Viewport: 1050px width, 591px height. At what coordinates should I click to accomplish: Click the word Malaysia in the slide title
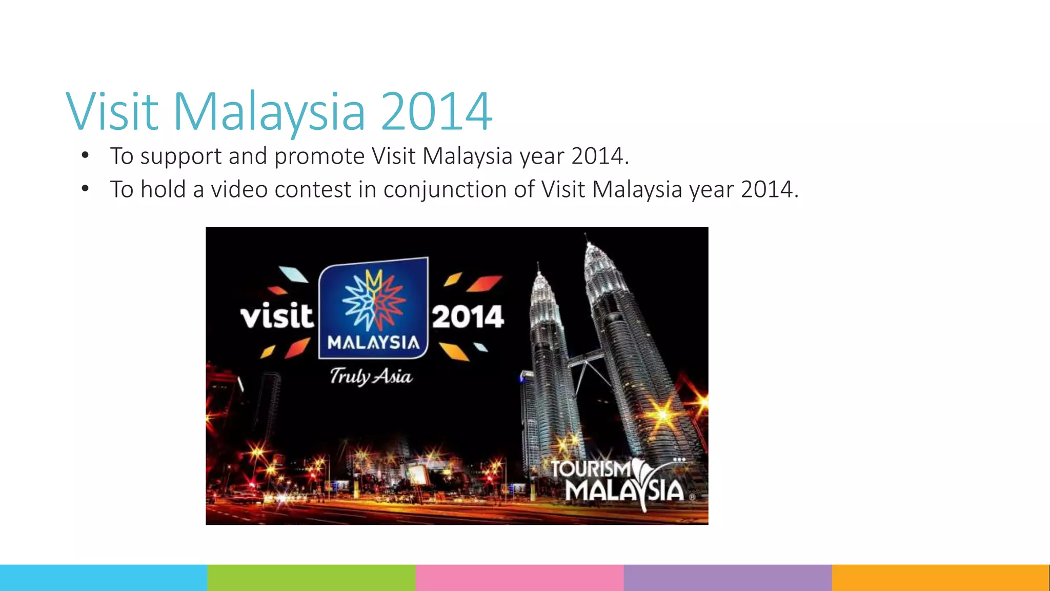coord(269,112)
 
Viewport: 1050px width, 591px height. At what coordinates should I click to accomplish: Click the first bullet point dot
coord(85,155)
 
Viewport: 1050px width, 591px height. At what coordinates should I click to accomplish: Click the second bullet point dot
coord(85,189)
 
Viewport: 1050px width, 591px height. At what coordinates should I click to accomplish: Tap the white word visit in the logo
coord(277,316)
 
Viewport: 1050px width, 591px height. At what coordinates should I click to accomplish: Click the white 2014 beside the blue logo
coord(468,317)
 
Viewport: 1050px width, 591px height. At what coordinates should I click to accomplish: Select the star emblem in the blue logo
coord(374,301)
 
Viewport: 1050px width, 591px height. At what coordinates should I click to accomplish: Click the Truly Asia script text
coord(371,377)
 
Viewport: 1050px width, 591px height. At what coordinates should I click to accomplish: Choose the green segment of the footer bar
coord(311,578)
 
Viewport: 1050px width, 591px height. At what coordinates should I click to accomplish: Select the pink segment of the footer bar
coord(519,578)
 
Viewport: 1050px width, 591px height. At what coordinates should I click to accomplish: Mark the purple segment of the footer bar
coord(728,578)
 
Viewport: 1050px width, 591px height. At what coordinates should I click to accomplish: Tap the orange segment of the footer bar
coord(940,578)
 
